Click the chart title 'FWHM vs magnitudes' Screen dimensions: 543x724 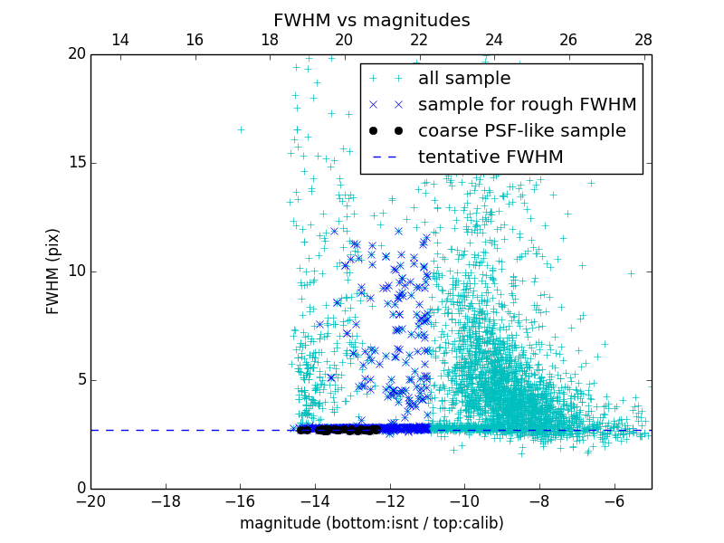(371, 20)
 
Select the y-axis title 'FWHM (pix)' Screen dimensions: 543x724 (53, 271)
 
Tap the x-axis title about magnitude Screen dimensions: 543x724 (371, 523)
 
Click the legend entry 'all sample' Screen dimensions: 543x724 (464, 79)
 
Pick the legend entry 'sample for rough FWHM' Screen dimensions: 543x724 (527, 105)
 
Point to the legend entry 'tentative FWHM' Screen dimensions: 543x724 (491, 157)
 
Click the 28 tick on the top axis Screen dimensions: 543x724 (643, 40)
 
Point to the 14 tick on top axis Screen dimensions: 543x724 (119, 40)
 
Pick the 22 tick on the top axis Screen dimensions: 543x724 (419, 40)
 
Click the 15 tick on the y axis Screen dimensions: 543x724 (76, 163)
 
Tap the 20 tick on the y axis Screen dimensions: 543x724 (76, 54)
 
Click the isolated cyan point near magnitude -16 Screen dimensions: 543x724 (241, 129)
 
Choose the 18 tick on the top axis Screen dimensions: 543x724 (270, 40)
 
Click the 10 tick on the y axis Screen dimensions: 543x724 (76, 271)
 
